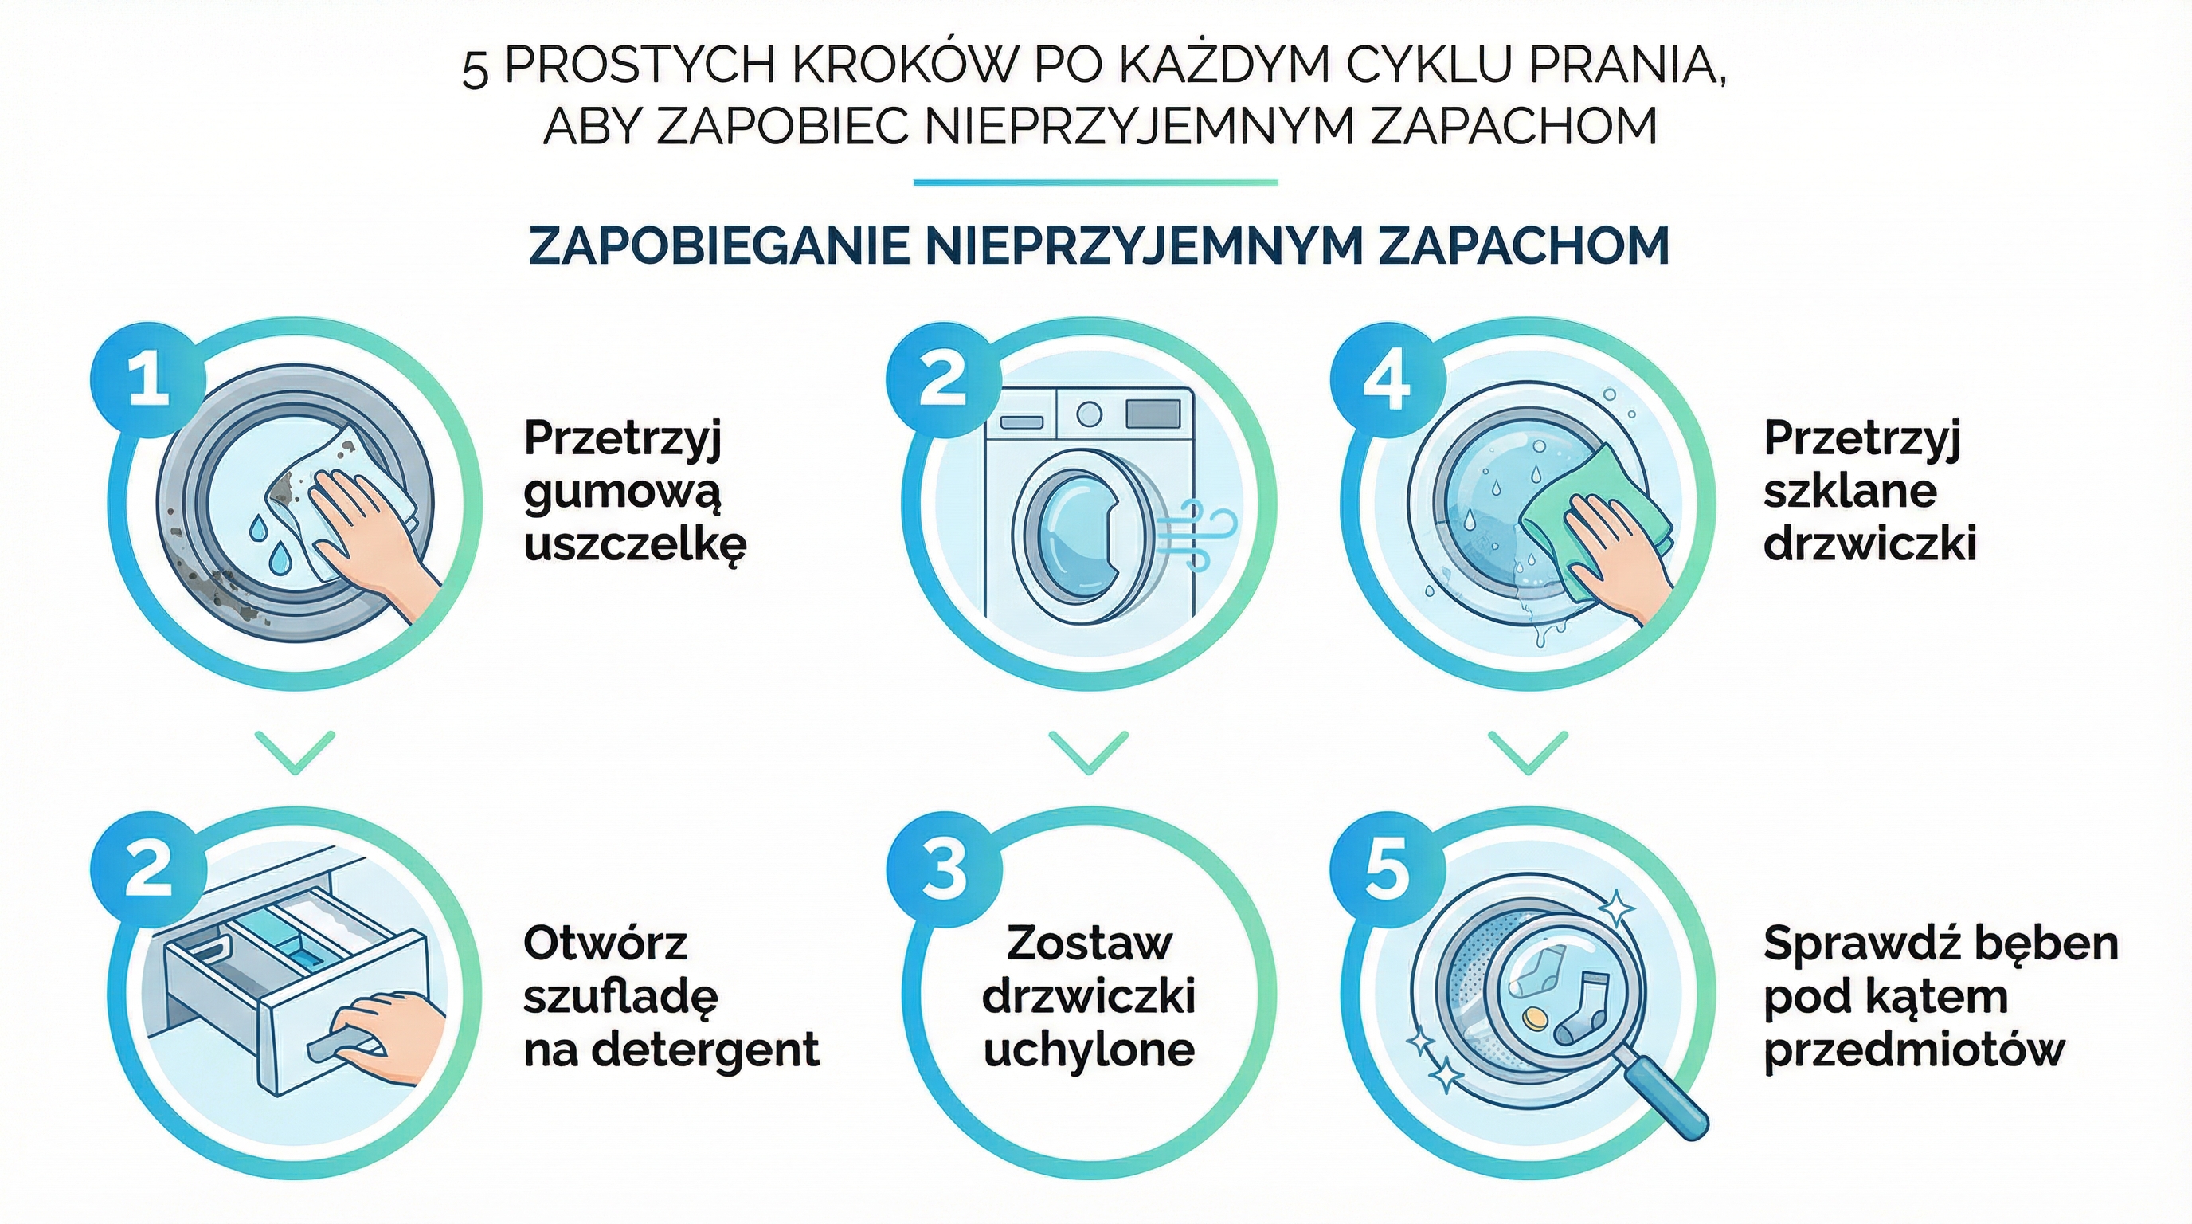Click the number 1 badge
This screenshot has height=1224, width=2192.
pyautogui.click(x=149, y=380)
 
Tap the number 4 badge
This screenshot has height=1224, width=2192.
pyautogui.click(x=1387, y=380)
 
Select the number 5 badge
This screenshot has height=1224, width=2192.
pyautogui.click(x=1387, y=870)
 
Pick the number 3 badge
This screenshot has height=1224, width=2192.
pyautogui.click(x=944, y=870)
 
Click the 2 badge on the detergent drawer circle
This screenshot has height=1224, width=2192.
pyautogui.click(x=149, y=870)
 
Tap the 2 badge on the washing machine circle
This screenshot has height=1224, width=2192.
pyautogui.click(x=944, y=380)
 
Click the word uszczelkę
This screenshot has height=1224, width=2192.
pyautogui.click(x=635, y=545)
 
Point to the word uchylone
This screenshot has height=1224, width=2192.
pyautogui.click(x=1089, y=1049)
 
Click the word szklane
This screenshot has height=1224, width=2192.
pyautogui.click(x=1850, y=491)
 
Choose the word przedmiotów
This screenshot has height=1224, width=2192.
pyautogui.click(x=1914, y=1049)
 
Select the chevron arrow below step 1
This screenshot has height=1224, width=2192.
pyautogui.click(x=296, y=751)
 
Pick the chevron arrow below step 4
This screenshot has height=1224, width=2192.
pyautogui.click(x=1528, y=751)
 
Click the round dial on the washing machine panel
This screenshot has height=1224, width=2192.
pyautogui.click(x=1089, y=414)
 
